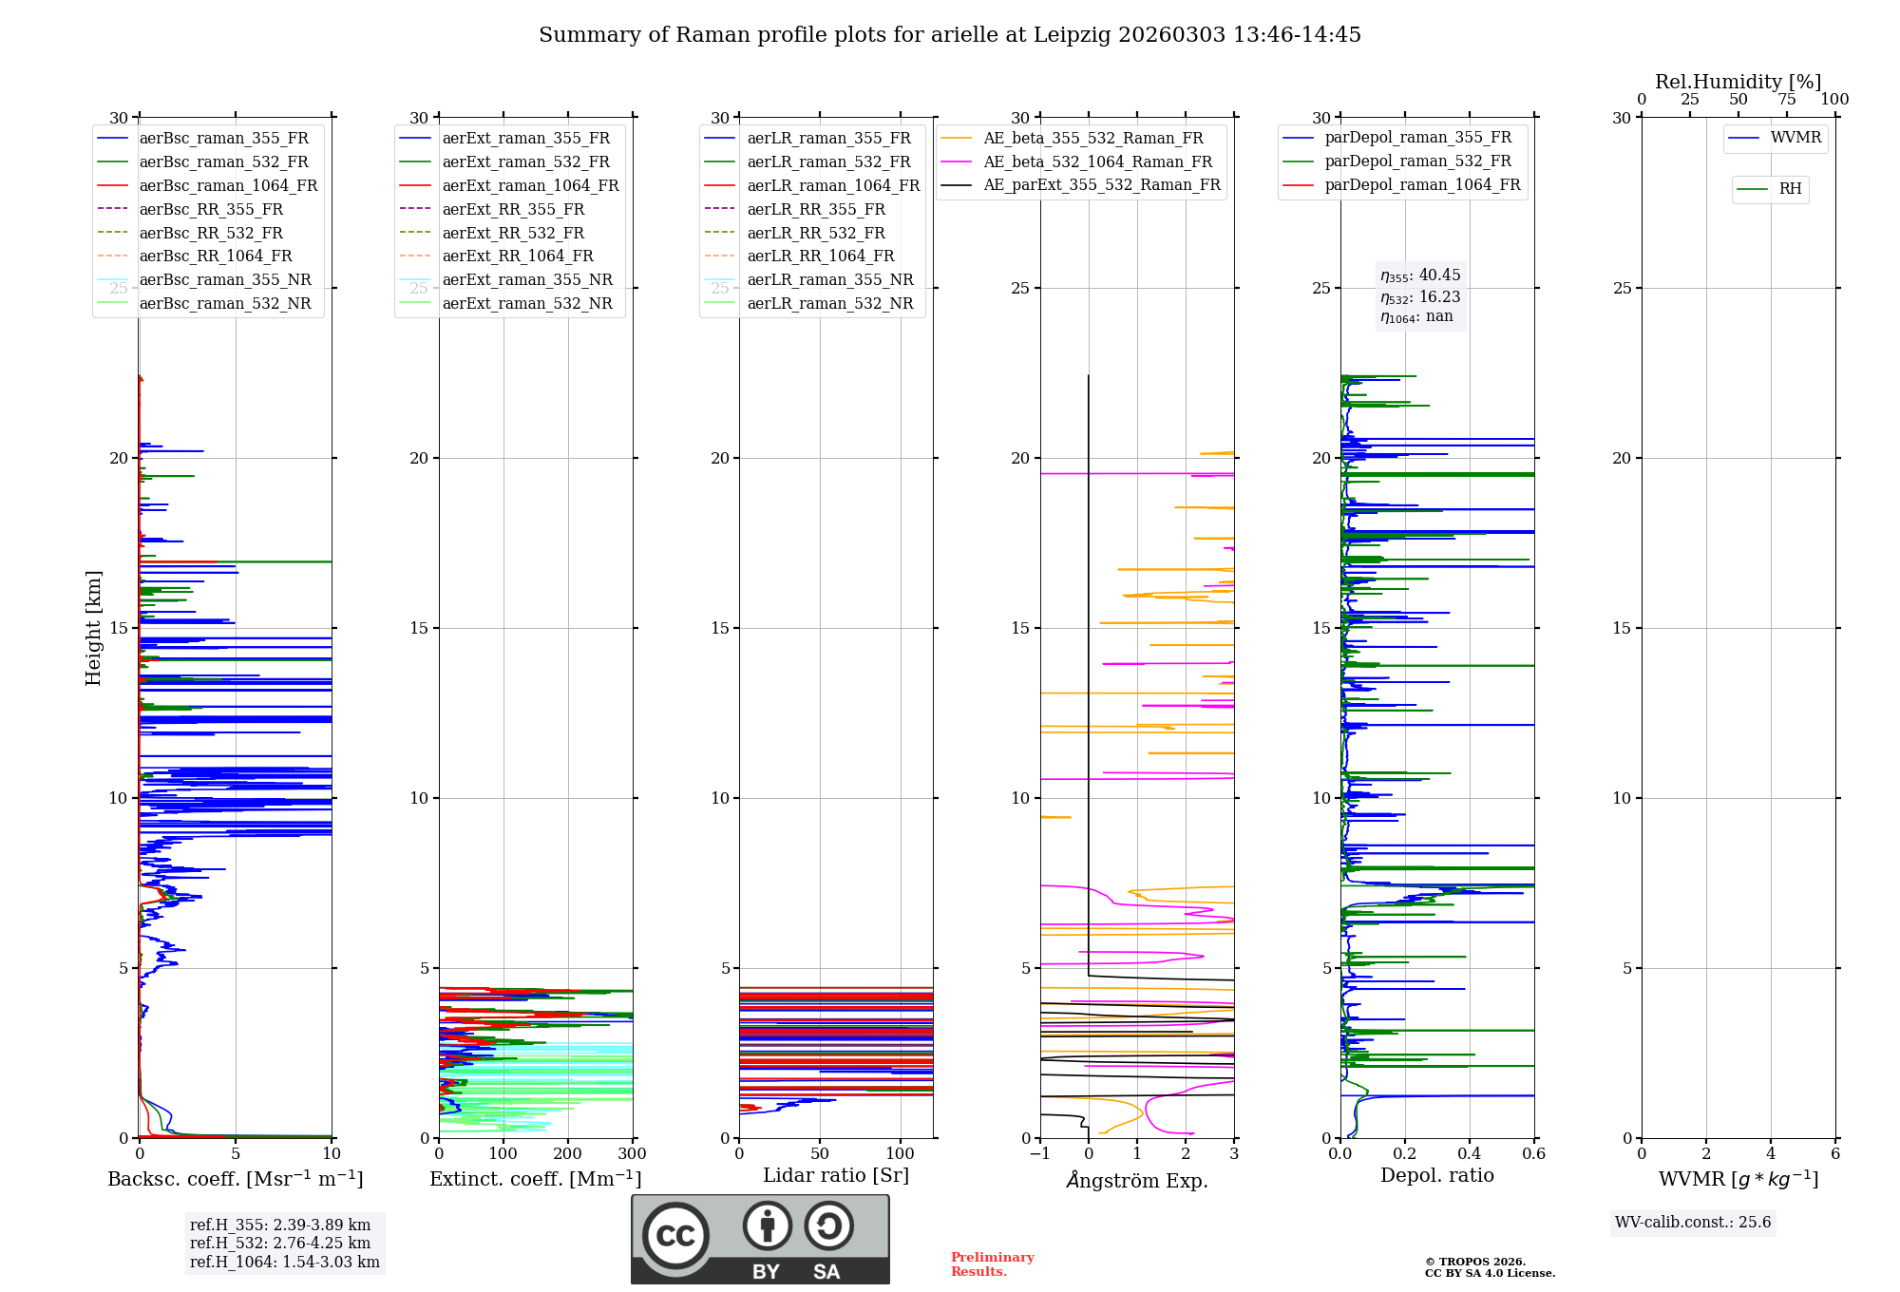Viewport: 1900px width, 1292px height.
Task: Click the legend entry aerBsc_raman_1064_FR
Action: click(228, 186)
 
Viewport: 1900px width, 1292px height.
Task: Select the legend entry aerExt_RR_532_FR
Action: click(513, 233)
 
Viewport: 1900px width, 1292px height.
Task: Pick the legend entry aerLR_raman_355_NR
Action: click(829, 280)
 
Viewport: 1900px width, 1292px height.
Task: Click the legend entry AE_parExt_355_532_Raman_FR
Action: click(1101, 185)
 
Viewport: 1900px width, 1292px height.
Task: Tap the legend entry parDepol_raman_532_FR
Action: click(1417, 161)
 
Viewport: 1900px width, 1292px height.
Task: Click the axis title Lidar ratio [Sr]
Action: click(836, 1176)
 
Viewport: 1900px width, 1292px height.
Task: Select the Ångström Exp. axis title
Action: click(1137, 1181)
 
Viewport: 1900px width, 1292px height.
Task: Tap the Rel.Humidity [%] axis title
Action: click(1738, 82)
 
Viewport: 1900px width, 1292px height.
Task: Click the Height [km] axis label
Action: click(93, 628)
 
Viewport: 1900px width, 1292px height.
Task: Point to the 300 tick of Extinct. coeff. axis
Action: click(633, 1154)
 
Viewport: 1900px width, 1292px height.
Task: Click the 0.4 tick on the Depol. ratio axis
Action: click(1470, 1154)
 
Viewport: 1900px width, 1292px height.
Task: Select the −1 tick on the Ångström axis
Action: click(1040, 1154)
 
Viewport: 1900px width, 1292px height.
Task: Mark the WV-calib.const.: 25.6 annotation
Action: click(1693, 1223)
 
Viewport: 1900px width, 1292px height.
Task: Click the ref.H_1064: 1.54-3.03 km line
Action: click(285, 1263)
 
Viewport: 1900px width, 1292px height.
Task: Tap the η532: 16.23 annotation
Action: click(1420, 297)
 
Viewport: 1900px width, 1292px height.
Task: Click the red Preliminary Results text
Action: click(992, 1264)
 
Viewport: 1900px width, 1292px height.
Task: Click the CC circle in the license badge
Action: click(675, 1235)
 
